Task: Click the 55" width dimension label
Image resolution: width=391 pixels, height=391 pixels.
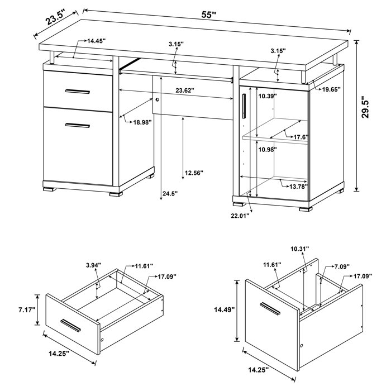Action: (209, 15)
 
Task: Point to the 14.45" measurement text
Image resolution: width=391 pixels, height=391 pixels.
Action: (96, 41)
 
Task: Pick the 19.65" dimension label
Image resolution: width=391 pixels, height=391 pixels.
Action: (330, 89)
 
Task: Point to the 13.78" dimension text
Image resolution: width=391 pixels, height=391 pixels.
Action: (298, 186)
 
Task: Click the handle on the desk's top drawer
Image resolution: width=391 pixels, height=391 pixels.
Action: (77, 90)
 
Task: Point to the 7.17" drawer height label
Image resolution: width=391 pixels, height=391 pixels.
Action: (26, 309)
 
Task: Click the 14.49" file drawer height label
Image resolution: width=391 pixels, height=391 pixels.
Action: (224, 309)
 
